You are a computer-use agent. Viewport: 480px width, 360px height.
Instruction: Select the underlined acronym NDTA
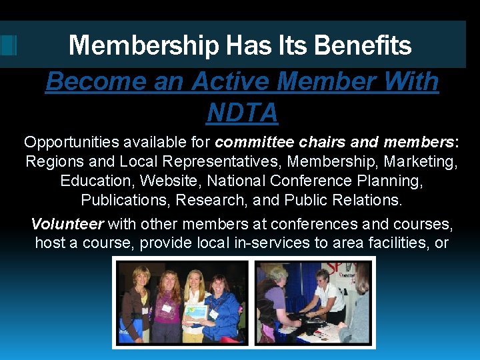242,113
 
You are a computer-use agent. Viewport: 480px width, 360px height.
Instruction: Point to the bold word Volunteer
67,224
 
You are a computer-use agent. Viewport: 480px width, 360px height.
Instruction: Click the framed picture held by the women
195,311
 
